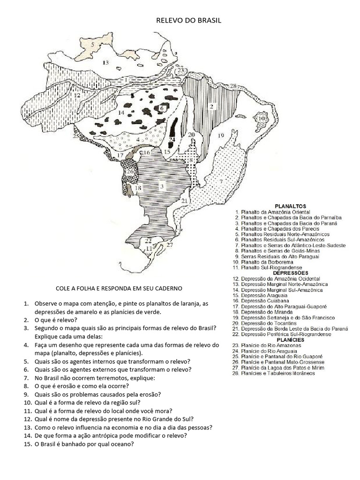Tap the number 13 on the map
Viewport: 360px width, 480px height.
(105, 62)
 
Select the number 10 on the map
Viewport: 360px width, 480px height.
(261, 119)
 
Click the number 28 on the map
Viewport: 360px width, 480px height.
(233, 85)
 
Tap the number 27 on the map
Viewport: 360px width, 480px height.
(170, 245)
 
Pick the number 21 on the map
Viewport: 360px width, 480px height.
(184, 201)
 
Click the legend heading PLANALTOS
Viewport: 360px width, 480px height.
(290, 206)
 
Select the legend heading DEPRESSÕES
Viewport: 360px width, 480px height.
(290, 273)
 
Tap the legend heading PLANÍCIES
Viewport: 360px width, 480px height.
(290, 340)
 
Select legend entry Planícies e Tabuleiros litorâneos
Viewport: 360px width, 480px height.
(278, 374)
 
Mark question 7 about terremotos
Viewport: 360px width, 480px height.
(94, 378)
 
